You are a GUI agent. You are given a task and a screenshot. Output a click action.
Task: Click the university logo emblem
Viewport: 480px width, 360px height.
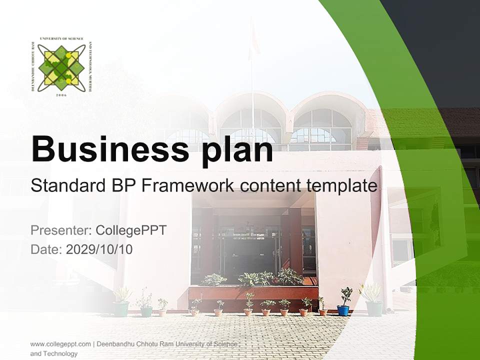coord(61,67)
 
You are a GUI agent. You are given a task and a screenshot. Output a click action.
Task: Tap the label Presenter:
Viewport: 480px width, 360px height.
coord(60,230)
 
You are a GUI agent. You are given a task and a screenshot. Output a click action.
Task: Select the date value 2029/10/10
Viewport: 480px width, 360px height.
coord(99,249)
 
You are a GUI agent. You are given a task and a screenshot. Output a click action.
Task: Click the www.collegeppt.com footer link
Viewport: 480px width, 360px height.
coord(60,344)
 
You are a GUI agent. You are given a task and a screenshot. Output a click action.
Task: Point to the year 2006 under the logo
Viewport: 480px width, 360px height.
coord(61,94)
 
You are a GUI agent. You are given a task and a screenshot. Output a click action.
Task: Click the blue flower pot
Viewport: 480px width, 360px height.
coord(343,310)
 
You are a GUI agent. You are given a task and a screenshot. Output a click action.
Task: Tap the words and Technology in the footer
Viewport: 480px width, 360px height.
coord(54,353)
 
